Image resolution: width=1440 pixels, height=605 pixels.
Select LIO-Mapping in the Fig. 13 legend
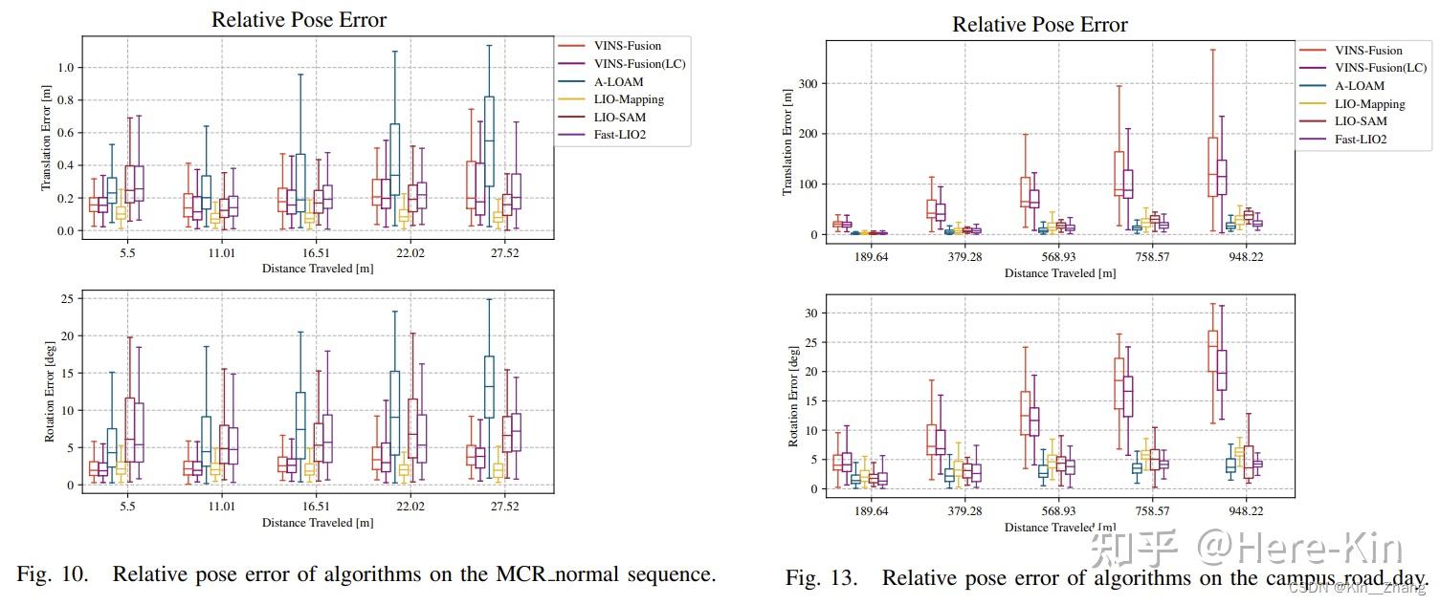(x=1369, y=103)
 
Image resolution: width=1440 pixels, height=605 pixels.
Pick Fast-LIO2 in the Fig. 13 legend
(x=1361, y=140)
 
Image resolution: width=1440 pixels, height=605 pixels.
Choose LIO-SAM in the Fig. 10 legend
(x=619, y=118)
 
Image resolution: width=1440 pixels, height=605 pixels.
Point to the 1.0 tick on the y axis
(x=64, y=67)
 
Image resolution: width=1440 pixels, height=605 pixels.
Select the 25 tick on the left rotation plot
(x=67, y=298)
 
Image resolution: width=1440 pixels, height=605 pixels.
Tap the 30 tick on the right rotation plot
(x=809, y=313)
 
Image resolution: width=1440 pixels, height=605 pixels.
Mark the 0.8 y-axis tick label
(x=64, y=99)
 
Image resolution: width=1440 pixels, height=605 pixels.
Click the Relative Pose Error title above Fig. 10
(x=299, y=19)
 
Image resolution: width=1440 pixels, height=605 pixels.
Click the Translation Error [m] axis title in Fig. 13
(x=787, y=142)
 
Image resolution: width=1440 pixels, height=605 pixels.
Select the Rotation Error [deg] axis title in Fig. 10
(x=49, y=393)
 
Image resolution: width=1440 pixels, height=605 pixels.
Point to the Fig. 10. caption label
(x=53, y=574)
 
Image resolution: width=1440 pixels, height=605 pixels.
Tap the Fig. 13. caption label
(x=822, y=578)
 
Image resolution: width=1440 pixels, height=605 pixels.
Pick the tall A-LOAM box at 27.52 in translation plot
(x=489, y=141)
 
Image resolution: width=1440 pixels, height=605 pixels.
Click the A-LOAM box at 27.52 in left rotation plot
(x=489, y=386)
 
